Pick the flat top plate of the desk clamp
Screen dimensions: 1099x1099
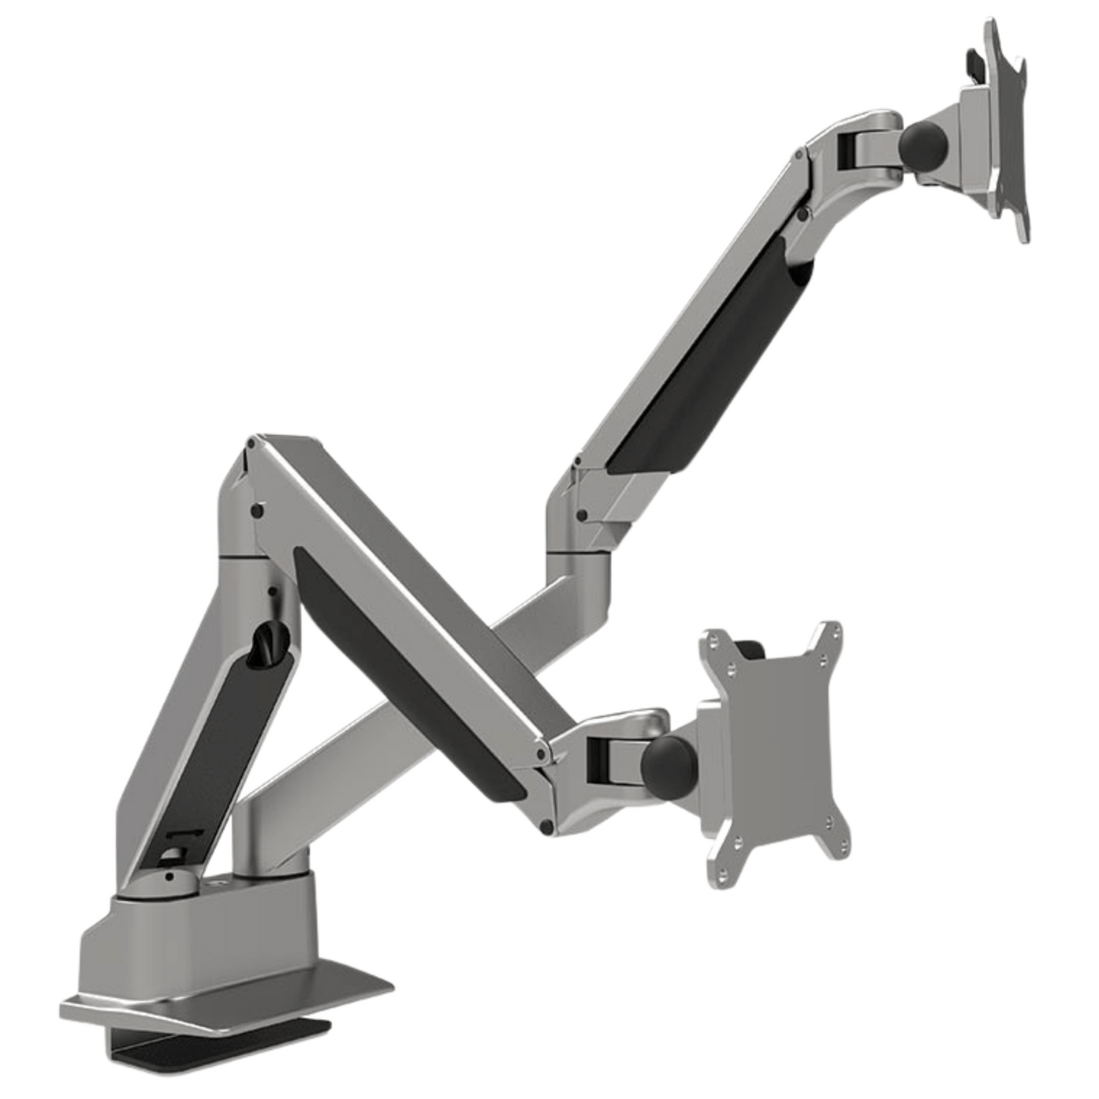tap(228, 996)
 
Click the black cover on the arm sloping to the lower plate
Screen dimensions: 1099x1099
tap(411, 677)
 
